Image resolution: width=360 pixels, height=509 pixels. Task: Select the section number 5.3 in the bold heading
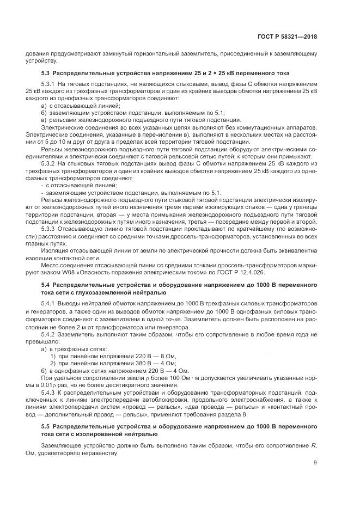point(47,72)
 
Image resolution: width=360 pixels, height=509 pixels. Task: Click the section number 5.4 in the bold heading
point(47,284)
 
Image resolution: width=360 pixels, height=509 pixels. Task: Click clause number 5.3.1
point(50,85)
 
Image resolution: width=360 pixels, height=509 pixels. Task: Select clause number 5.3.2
point(50,163)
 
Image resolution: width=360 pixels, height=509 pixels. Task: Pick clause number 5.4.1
point(50,302)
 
